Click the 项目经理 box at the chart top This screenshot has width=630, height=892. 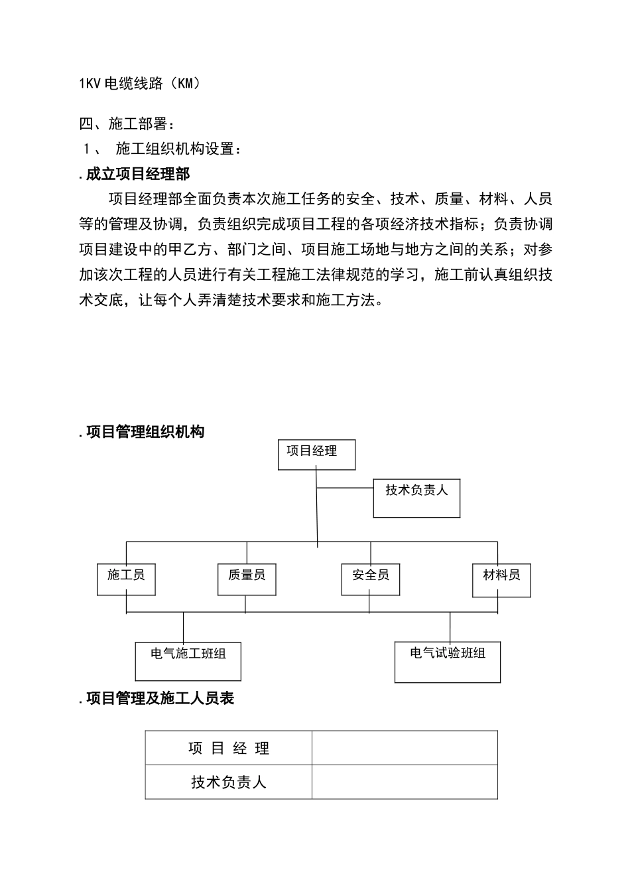pyautogui.click(x=316, y=455)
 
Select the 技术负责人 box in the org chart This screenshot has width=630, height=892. pyautogui.click(x=416, y=498)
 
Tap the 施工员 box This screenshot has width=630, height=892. pyautogui.click(x=126, y=579)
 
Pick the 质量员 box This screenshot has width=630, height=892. pyautogui.click(x=247, y=579)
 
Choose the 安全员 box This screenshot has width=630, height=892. pyautogui.click(x=371, y=579)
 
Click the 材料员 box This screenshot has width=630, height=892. pyautogui.click(x=501, y=579)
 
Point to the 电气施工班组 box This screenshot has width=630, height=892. pyautogui.click(x=188, y=661)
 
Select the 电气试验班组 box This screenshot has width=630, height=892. pyautogui.click(x=448, y=662)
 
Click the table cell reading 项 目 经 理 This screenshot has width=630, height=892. pyautogui.click(x=229, y=749)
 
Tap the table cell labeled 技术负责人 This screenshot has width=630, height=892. pyautogui.click(x=229, y=782)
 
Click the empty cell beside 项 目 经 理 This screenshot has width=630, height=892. pyautogui.click(x=405, y=749)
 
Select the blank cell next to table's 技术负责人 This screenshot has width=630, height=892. pyautogui.click(x=405, y=782)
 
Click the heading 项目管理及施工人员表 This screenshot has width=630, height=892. pyautogui.click(x=160, y=698)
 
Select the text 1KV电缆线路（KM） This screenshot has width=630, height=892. pyautogui.click(x=139, y=84)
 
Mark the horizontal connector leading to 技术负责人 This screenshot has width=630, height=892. pyautogui.click(x=346, y=488)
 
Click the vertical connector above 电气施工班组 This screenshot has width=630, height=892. pyautogui.click(x=184, y=627)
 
